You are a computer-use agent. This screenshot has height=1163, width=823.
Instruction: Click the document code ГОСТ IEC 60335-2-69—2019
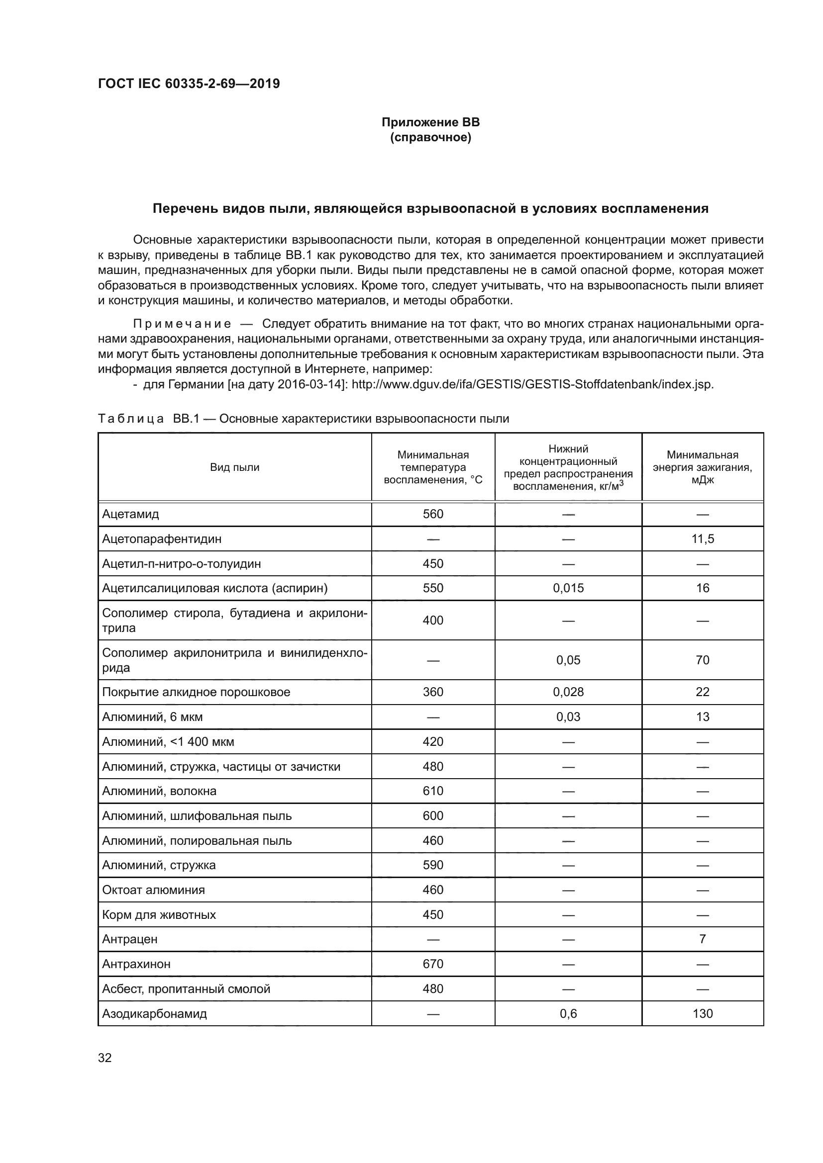click(x=189, y=84)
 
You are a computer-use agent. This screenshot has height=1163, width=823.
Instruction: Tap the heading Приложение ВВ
click(x=430, y=123)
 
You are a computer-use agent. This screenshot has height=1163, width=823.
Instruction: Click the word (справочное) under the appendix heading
click(x=430, y=138)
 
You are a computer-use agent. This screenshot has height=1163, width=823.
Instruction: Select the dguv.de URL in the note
click(x=532, y=384)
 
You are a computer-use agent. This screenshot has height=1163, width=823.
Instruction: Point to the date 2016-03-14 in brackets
click(x=309, y=384)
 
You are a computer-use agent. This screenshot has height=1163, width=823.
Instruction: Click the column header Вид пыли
click(x=235, y=467)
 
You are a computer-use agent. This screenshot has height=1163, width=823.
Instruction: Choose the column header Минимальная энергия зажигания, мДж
click(x=703, y=467)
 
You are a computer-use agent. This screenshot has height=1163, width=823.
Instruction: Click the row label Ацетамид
click(x=131, y=514)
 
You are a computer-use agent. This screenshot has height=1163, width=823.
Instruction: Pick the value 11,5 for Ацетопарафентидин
click(x=703, y=539)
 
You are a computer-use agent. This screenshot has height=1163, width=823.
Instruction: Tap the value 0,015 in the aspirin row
click(x=568, y=588)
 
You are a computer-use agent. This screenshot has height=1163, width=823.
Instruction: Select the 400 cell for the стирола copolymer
click(x=433, y=621)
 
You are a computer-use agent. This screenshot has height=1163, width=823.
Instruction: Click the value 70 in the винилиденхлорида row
click(x=703, y=660)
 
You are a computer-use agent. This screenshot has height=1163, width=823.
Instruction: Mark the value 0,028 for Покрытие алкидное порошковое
click(x=568, y=692)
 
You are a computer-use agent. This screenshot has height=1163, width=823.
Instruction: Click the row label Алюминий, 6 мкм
click(x=153, y=717)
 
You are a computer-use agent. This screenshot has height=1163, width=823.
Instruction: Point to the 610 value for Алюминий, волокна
click(x=433, y=791)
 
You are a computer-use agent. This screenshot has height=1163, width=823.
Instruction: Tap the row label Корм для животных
click(x=159, y=915)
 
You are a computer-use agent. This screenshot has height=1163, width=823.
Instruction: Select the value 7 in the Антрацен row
click(x=703, y=939)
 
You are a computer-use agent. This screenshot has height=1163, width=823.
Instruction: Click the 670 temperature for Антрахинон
click(x=433, y=964)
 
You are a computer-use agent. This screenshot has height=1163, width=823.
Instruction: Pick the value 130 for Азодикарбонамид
click(x=703, y=1013)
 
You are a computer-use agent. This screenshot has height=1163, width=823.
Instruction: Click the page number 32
click(x=105, y=1058)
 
